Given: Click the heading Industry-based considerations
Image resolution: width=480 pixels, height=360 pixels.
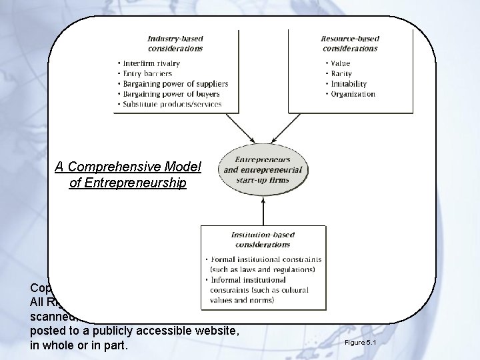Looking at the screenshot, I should pyautogui.click(x=176, y=43).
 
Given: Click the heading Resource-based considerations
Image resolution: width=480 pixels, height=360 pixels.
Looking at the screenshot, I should pyautogui.click(x=349, y=43).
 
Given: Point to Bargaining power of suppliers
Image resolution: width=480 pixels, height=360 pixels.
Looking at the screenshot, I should pyautogui.click(x=175, y=84).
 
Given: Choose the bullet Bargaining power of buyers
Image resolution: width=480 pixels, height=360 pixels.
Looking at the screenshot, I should pyautogui.click(x=171, y=94).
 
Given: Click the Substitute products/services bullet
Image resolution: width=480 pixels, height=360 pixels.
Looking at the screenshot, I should pyautogui.click(x=172, y=105).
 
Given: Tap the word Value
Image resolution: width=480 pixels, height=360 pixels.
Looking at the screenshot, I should pyautogui.click(x=340, y=63).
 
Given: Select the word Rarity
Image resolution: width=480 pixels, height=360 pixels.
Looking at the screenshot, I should pyautogui.click(x=341, y=73).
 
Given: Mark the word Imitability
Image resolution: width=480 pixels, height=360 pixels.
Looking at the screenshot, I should pyautogui.click(x=346, y=84).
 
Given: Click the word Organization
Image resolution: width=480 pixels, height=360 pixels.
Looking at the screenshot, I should pyautogui.click(x=353, y=94).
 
